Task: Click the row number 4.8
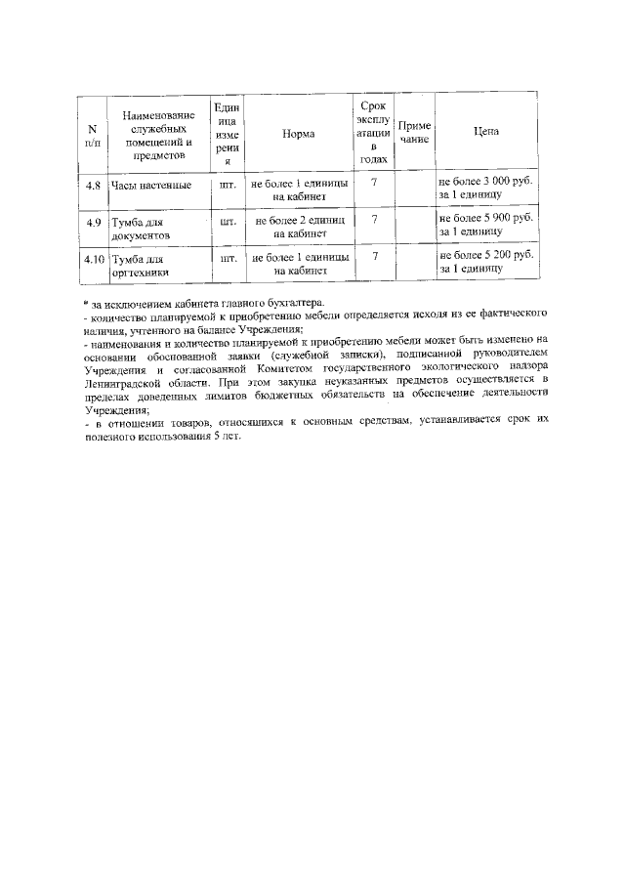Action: [94, 185]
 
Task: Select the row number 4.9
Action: [94, 222]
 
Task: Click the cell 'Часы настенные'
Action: [150, 185]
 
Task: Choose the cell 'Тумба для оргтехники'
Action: [142, 266]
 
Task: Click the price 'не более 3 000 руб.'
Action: [485, 183]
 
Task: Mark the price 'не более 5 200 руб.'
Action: [485, 256]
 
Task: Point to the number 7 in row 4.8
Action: [374, 183]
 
